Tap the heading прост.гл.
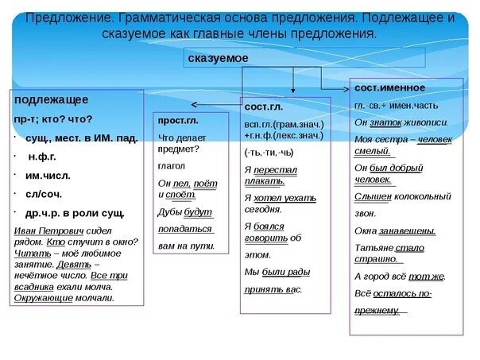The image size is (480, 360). click(179, 120)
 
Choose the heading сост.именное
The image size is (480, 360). click(389, 87)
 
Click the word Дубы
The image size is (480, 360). click(170, 213)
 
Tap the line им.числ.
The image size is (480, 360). click(45, 175)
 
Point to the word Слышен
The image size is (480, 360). click(374, 195)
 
